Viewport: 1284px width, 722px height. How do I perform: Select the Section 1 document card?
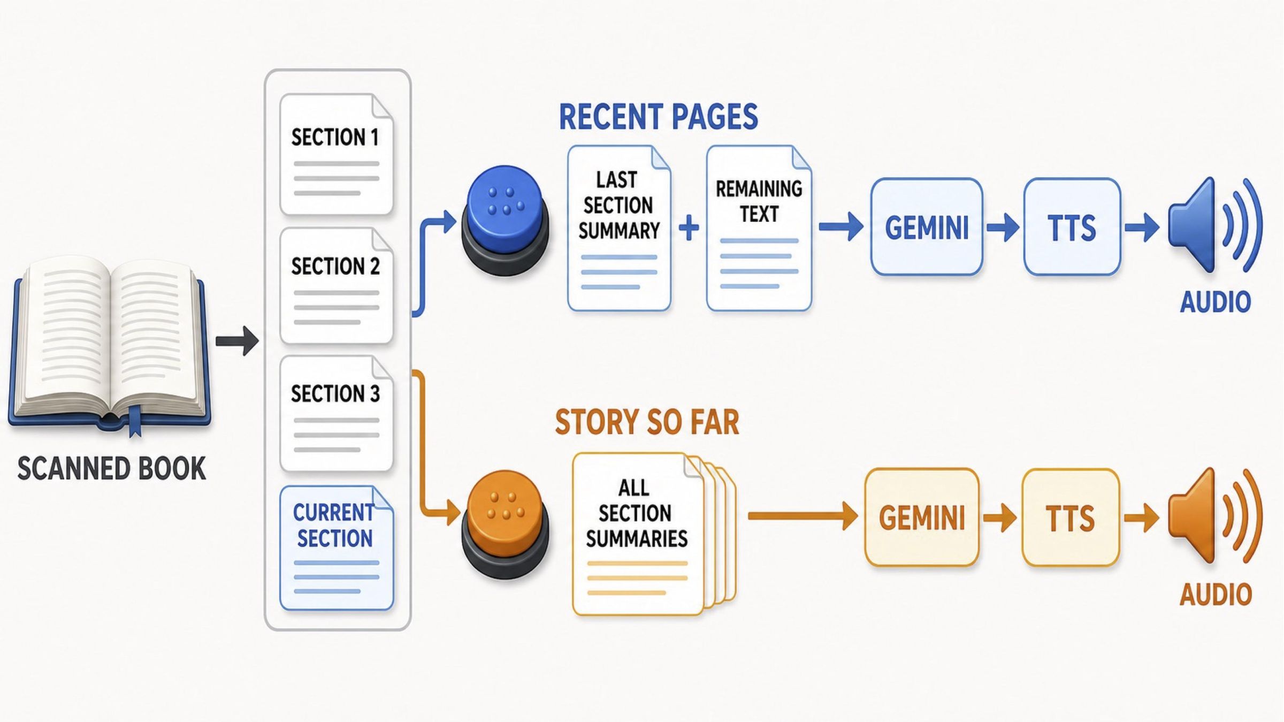[337, 154]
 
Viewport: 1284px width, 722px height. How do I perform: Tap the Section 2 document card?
[337, 286]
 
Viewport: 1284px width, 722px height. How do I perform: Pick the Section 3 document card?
[337, 414]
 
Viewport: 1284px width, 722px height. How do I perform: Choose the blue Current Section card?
[337, 548]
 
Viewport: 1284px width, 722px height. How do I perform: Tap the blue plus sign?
[689, 227]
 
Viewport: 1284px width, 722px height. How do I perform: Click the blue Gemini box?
[927, 227]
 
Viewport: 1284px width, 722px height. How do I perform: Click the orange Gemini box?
[922, 517]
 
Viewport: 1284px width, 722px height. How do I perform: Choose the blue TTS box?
[1072, 227]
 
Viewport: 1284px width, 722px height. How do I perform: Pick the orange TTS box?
[1071, 517]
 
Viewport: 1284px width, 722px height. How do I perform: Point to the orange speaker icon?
[1214, 516]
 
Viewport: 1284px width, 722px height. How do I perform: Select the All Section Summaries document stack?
[654, 534]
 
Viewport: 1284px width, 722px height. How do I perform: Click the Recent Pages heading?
[658, 117]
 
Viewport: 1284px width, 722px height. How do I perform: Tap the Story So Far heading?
[647, 422]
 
